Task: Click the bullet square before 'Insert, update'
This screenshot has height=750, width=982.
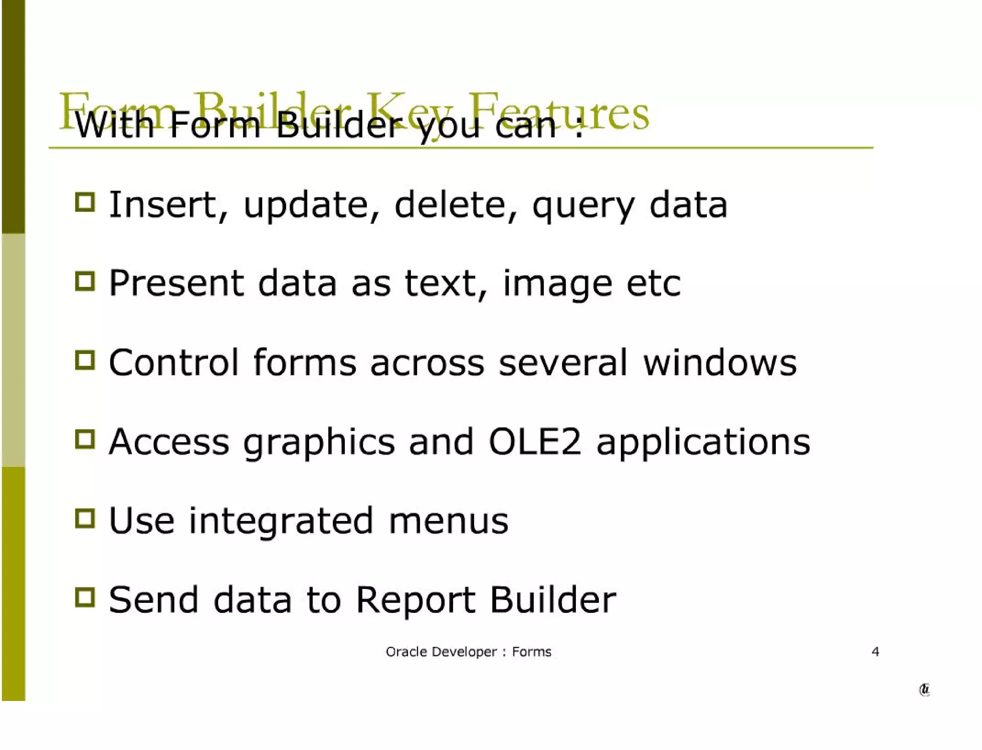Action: point(85,202)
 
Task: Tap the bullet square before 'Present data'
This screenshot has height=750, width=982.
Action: point(85,281)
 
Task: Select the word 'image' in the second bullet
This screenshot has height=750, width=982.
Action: point(558,284)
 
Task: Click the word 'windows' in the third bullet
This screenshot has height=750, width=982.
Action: point(720,362)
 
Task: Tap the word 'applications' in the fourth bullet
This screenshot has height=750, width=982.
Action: point(703,442)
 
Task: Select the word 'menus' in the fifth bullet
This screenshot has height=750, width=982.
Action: point(448,521)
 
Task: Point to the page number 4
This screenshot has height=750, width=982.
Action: point(875,652)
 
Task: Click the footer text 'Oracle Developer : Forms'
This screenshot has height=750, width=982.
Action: point(468,652)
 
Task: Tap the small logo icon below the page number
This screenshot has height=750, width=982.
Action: point(924,690)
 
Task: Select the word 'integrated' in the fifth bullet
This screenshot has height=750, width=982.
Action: point(281,521)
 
